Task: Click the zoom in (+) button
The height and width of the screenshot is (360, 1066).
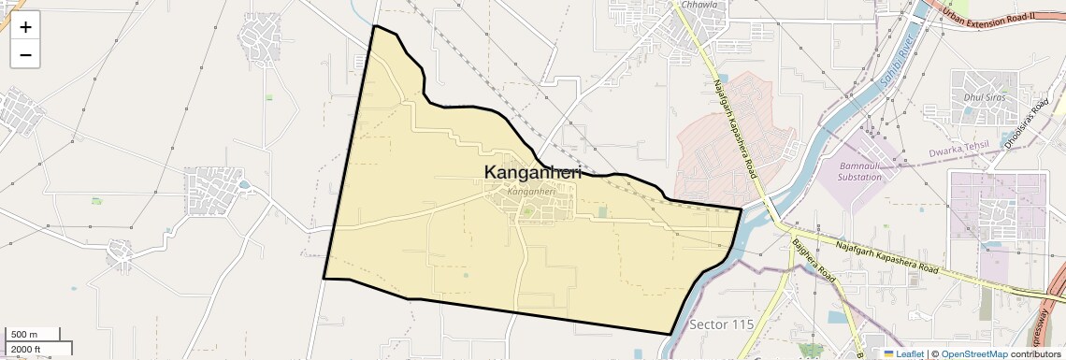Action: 25,27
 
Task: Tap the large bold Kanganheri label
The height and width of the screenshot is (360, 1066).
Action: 533,173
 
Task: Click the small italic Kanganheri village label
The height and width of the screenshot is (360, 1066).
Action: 530,191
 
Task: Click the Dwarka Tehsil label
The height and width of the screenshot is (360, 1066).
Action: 964,151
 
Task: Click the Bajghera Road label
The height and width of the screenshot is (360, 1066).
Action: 813,262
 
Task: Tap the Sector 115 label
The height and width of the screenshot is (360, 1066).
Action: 721,324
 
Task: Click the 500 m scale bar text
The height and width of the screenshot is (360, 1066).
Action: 24,335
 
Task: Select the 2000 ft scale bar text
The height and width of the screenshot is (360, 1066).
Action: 27,349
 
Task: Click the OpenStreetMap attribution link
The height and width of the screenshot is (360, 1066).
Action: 973,353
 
